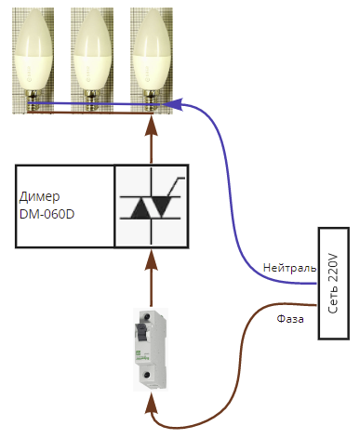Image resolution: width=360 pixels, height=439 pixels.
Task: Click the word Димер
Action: click(x=39, y=197)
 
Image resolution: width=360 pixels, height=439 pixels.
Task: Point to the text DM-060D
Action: click(x=47, y=214)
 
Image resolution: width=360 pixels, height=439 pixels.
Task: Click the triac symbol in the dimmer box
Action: click(x=152, y=206)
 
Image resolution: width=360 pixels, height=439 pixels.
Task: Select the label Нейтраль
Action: click(x=289, y=268)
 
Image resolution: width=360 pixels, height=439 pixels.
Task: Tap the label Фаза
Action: click(x=290, y=319)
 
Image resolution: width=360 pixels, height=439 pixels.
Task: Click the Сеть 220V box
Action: click(x=334, y=284)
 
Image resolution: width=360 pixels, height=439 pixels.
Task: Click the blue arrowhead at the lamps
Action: click(x=173, y=104)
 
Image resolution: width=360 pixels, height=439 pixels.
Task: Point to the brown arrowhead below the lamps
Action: click(x=152, y=126)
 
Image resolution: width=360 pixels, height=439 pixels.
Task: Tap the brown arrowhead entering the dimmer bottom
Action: click(x=152, y=260)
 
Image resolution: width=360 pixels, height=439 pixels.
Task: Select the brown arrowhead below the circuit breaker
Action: click(x=152, y=403)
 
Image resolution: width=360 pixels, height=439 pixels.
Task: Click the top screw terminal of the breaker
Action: click(x=147, y=317)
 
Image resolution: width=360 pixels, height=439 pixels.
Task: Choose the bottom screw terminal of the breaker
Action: click(x=147, y=375)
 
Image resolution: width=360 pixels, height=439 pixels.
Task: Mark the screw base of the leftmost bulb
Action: click(x=33, y=100)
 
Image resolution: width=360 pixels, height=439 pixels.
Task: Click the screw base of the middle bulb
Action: click(x=92, y=100)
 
